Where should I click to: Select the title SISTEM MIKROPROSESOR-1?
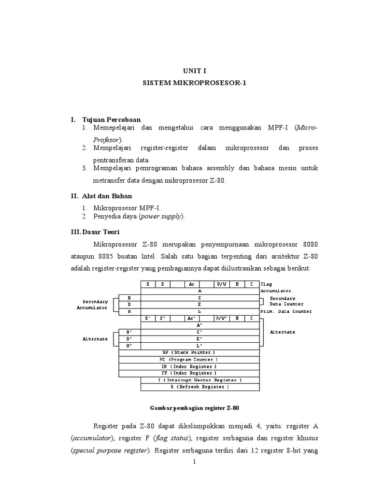coord(194,83)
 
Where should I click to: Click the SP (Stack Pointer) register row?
coord(189,352)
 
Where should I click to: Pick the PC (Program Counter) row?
coord(189,359)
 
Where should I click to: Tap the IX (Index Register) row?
coord(189,366)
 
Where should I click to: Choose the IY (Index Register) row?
coord(189,373)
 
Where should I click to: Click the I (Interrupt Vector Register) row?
coord(200,380)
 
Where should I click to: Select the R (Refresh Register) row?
coord(200,387)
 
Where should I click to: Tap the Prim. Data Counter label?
coord(286,311)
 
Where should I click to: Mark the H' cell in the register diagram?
coord(129,346)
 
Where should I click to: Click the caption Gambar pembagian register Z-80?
coord(194,408)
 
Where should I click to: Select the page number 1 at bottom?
coord(194,461)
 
